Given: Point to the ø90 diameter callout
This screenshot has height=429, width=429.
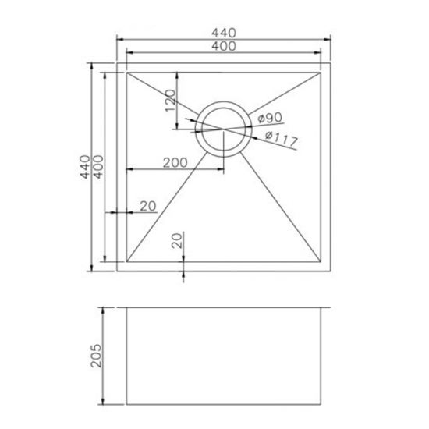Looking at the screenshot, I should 268,119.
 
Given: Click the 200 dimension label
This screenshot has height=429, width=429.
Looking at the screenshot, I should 175,163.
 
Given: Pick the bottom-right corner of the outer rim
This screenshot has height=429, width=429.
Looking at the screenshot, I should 331,271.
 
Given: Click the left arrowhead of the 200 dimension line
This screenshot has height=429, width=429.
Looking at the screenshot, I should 129,170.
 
